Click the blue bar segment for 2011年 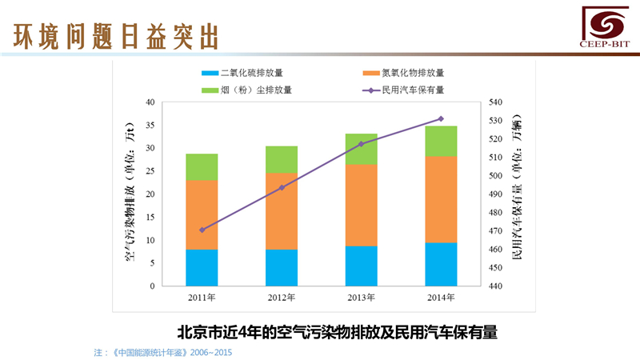(x=202, y=267)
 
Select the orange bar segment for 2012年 (x=282, y=211)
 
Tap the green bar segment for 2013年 (x=362, y=149)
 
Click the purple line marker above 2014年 (x=441, y=118)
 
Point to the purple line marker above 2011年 (x=202, y=230)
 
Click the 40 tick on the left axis (x=150, y=102)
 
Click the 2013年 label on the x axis (x=362, y=298)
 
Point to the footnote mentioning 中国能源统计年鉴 (x=163, y=352)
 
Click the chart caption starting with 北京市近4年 (x=336, y=330)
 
